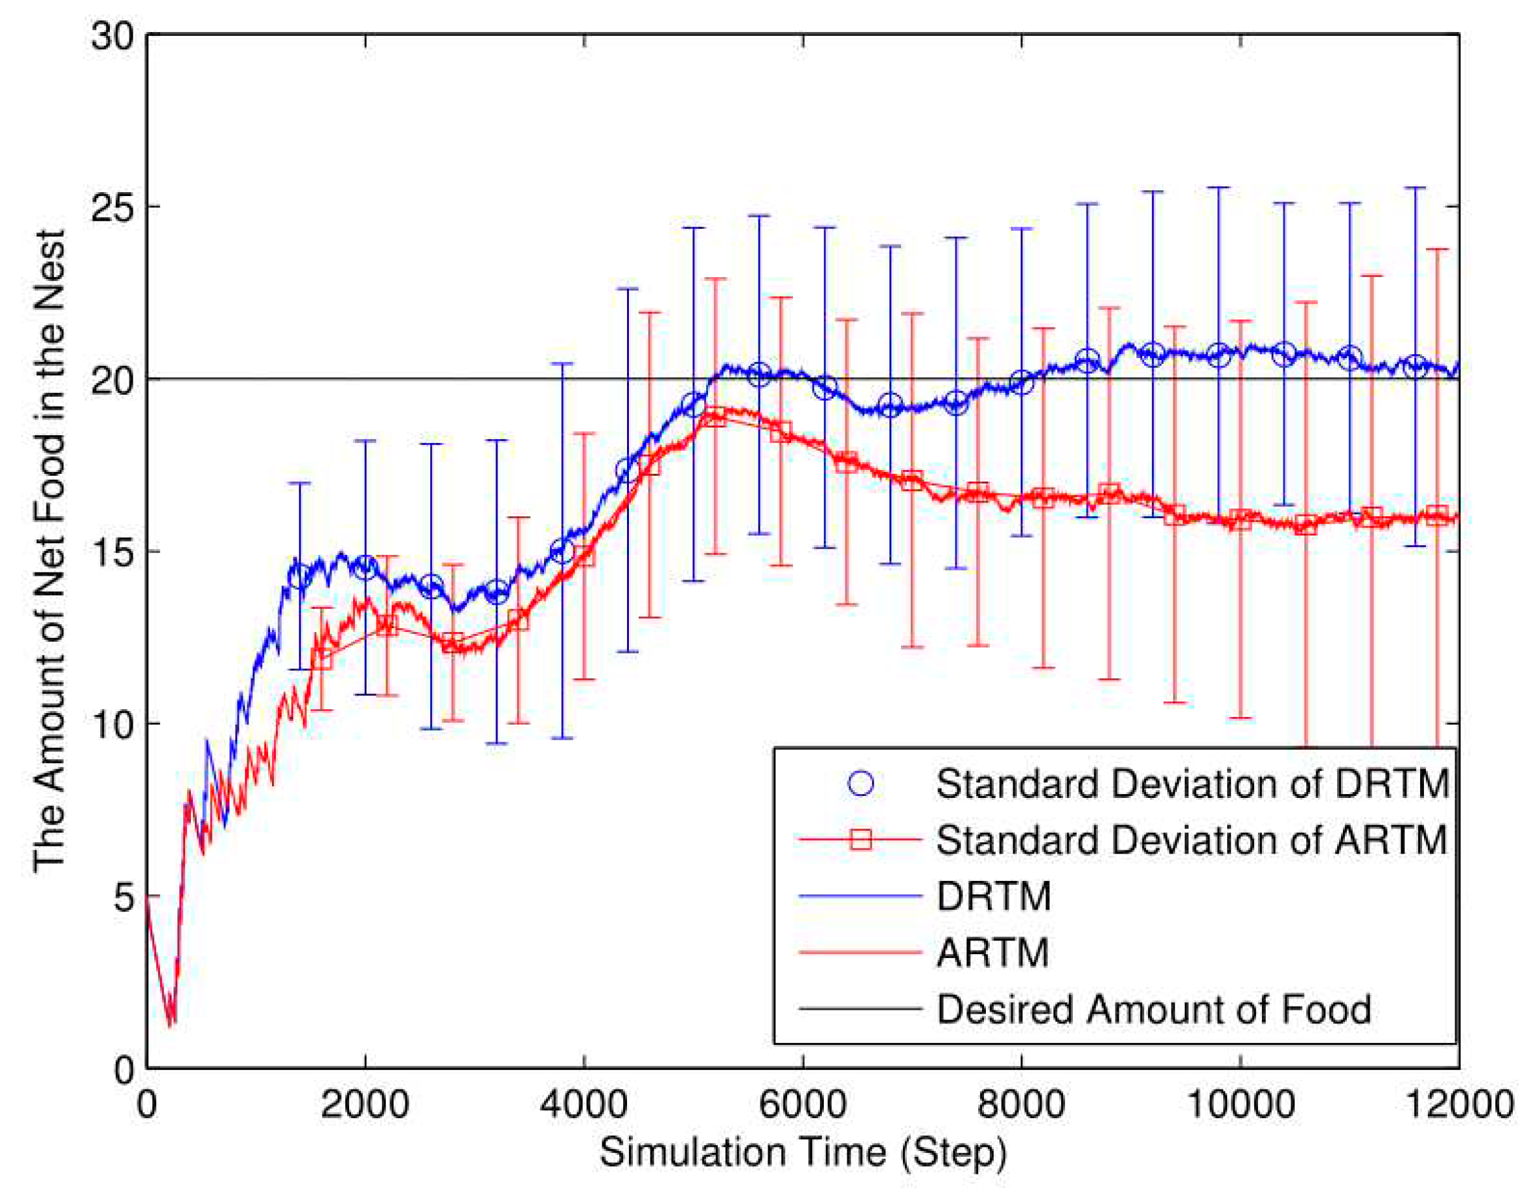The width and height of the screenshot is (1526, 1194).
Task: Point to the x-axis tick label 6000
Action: tap(802, 1106)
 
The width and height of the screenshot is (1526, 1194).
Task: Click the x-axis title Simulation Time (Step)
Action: tap(802, 1153)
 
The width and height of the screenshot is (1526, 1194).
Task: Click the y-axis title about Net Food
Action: tap(50, 551)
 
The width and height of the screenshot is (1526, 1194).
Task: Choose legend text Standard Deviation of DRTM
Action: tap(1192, 784)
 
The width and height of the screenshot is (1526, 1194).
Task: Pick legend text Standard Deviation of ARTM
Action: tap(1192, 840)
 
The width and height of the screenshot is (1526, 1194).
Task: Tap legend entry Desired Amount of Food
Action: tap(1153, 1010)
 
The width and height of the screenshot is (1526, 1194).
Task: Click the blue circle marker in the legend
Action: tap(861, 784)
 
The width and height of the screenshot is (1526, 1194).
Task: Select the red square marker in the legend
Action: tap(861, 839)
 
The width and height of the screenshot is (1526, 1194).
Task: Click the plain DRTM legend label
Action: tap(994, 896)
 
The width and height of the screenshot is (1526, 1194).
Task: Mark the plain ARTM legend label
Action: tap(992, 953)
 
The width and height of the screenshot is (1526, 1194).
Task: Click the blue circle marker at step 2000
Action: tap(365, 567)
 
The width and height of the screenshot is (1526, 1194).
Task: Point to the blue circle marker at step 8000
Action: tap(1022, 383)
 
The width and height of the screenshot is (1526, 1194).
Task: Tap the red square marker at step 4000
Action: tap(584, 556)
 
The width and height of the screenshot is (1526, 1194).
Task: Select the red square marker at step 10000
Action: tap(1241, 520)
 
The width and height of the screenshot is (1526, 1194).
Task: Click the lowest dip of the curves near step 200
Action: tap(170, 1024)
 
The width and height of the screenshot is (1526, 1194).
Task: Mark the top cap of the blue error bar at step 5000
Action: tap(694, 228)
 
